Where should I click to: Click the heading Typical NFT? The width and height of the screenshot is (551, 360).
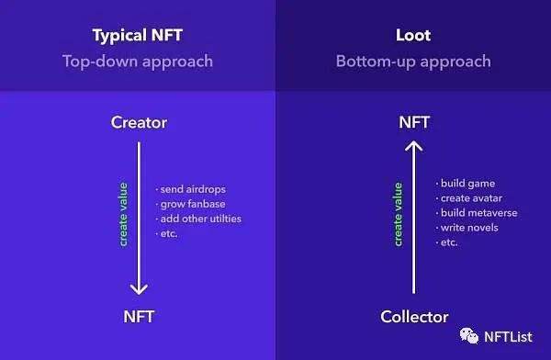(138, 37)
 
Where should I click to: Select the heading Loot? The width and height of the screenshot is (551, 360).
(413, 37)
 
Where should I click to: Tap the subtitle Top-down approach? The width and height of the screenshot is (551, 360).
(138, 62)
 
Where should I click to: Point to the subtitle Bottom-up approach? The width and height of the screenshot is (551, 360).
(413, 62)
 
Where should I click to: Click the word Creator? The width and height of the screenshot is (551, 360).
(139, 122)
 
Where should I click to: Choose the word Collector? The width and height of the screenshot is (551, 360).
(414, 318)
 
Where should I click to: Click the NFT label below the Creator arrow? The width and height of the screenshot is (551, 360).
(139, 318)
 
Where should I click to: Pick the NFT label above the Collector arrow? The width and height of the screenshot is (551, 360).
(414, 122)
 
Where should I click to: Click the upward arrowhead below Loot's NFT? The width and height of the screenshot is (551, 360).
(414, 147)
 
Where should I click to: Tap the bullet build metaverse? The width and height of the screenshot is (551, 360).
(478, 213)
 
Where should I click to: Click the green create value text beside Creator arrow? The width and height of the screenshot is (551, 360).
(123, 215)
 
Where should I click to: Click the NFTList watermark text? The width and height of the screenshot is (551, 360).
(508, 337)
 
